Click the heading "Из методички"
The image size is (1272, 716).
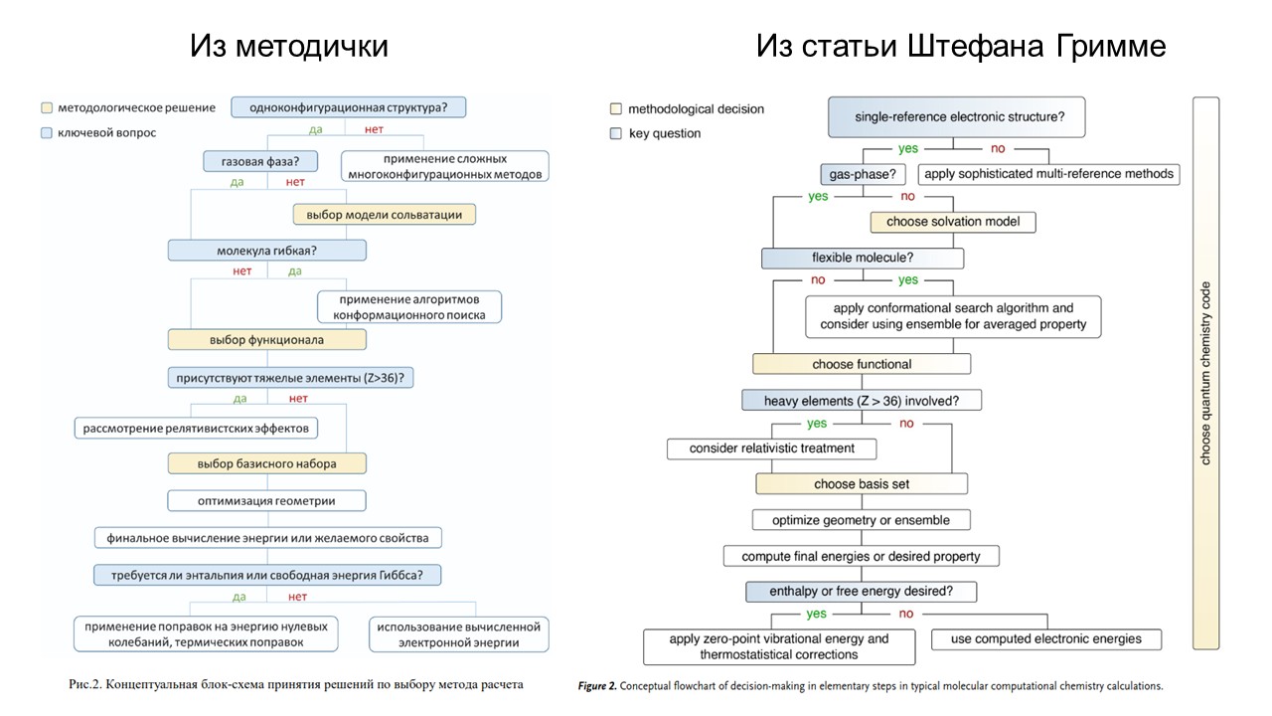(x=289, y=46)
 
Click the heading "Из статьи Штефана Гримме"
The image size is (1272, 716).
(x=960, y=46)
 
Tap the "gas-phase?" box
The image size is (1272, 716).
(x=862, y=174)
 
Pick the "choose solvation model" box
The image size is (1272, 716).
(x=953, y=222)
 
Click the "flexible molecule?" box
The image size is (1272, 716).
(x=863, y=259)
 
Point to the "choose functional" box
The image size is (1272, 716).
(x=861, y=364)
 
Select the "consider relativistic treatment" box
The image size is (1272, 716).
(x=771, y=448)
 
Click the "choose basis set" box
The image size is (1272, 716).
(x=861, y=484)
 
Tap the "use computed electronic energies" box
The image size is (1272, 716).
(x=1045, y=638)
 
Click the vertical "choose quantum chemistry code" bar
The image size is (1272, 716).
(x=1205, y=373)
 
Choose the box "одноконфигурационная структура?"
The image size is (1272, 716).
(x=348, y=107)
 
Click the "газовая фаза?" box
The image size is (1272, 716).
(x=252, y=160)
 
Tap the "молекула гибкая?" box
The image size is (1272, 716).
(x=266, y=250)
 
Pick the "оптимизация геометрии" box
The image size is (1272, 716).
(x=266, y=500)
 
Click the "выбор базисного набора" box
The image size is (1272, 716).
(x=266, y=463)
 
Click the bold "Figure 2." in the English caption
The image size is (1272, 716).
(x=597, y=686)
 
